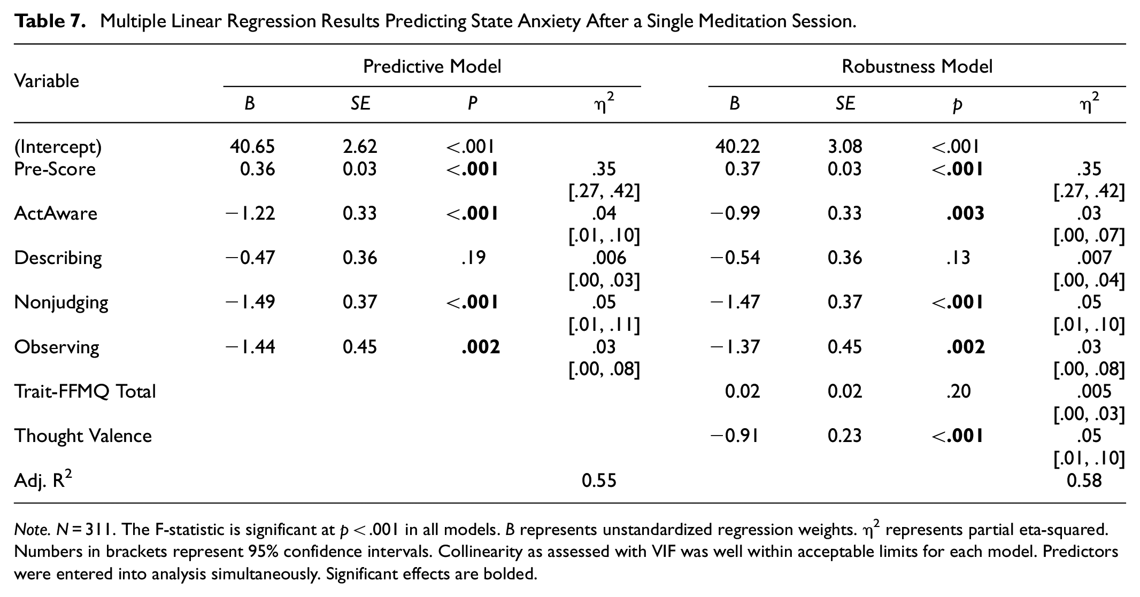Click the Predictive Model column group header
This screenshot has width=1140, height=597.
click(432, 66)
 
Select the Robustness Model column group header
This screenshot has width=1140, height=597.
click(917, 66)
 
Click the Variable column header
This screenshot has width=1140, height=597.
click(47, 81)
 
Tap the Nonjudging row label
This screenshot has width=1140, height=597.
click(61, 303)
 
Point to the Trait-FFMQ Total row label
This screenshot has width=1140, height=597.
click(85, 392)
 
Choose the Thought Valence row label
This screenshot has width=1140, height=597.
click(83, 436)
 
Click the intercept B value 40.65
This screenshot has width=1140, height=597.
click(252, 146)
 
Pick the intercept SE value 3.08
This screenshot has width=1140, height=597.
click(845, 146)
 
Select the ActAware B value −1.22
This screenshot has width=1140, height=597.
click(250, 214)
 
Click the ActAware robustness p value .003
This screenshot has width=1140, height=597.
click(965, 214)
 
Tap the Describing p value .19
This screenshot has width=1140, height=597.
click(473, 258)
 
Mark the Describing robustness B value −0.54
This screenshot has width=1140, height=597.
click(735, 258)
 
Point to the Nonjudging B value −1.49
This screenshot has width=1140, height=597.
click(250, 303)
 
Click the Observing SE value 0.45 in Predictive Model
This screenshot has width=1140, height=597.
click(360, 347)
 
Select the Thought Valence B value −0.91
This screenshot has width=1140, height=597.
click(735, 436)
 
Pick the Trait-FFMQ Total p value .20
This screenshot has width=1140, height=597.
click(958, 392)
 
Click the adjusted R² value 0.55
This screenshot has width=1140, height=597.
click(599, 481)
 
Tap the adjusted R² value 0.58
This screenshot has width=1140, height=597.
click(1084, 481)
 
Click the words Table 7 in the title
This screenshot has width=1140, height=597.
click(50, 21)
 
